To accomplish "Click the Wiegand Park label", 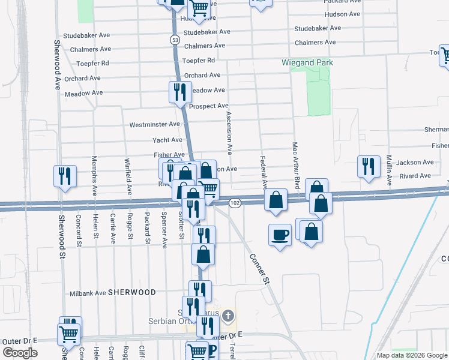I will (x=307, y=62).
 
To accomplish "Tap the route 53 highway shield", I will (x=174, y=40).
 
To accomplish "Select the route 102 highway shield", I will (x=235, y=203).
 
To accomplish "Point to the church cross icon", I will (x=228, y=315).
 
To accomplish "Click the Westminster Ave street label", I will (x=155, y=125).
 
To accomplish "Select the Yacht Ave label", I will (x=168, y=140).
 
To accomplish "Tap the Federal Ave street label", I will (x=263, y=170).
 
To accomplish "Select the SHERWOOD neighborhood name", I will (x=131, y=292).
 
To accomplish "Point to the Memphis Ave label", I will (x=94, y=176).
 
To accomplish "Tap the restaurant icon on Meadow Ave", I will (x=179, y=92).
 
